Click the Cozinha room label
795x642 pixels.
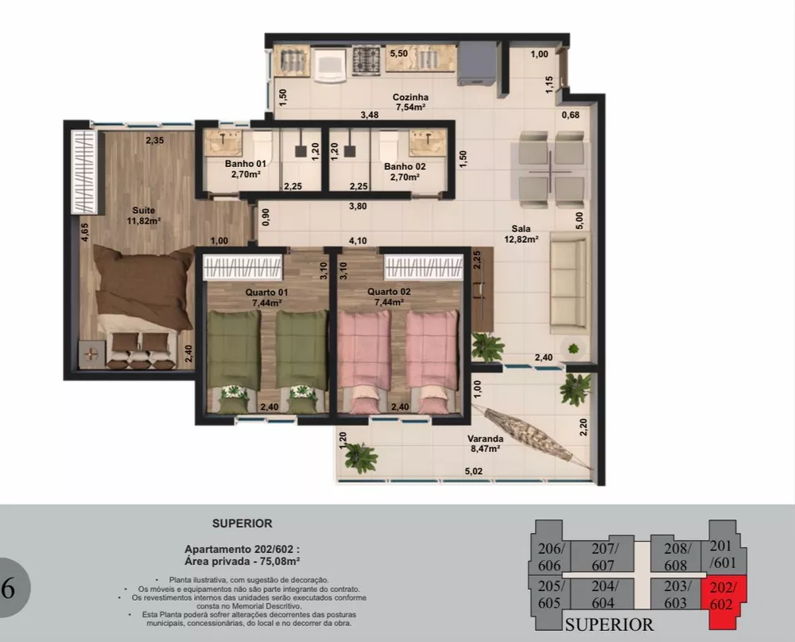[409, 98]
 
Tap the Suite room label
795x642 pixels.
[144, 211]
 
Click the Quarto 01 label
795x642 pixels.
[266, 292]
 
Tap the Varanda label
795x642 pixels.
[485, 439]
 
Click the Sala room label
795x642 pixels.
[522, 229]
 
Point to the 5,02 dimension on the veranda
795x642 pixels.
[475, 472]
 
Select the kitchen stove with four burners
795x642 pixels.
[366, 59]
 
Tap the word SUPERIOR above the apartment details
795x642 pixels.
[242, 523]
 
